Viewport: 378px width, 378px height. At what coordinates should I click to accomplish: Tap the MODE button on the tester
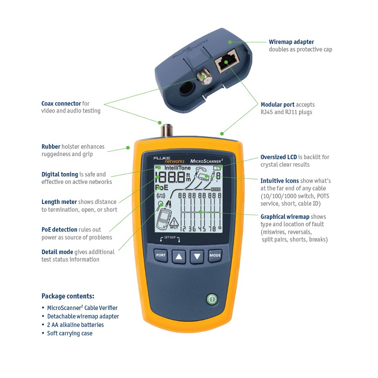215,256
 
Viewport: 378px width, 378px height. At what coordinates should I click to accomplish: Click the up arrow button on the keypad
178,256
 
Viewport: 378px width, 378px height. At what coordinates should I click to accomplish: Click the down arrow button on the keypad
197,256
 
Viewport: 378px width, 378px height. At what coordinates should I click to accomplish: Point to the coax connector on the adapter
202,78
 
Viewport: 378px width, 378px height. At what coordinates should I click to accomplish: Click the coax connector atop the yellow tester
166,129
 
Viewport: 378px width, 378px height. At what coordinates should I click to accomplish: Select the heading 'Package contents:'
68,296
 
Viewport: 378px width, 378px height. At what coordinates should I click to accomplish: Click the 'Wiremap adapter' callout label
291,42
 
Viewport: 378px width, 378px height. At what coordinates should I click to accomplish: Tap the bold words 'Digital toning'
60,174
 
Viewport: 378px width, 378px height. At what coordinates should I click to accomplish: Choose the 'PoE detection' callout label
59,229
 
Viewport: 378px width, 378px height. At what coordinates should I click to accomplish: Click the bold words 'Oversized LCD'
279,157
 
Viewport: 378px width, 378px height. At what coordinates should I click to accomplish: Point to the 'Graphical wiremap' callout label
285,217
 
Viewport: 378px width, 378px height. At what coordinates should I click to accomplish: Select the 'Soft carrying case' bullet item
70,333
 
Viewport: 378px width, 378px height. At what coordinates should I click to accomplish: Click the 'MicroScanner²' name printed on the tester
207,161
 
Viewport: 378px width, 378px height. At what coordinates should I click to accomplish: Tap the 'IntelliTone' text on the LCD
177,167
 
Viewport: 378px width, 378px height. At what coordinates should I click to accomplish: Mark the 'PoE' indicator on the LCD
161,187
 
